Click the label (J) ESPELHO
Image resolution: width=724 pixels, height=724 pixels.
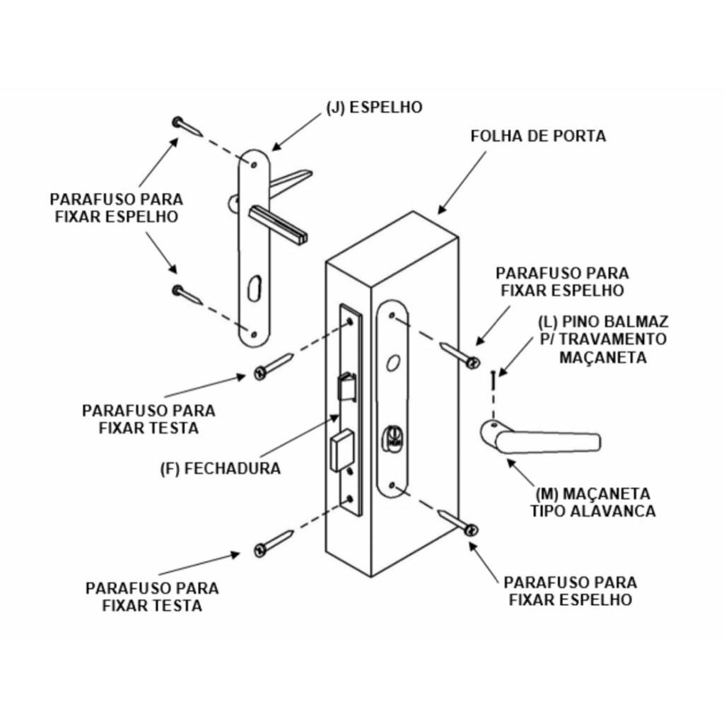(374, 107)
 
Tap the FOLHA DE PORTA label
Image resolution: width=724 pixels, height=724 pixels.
(538, 136)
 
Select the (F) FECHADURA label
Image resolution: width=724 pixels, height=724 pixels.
(220, 468)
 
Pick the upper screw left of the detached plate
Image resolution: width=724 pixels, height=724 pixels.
(187, 127)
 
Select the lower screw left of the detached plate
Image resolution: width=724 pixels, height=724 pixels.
(187, 294)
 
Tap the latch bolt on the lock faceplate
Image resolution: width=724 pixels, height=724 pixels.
(347, 387)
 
